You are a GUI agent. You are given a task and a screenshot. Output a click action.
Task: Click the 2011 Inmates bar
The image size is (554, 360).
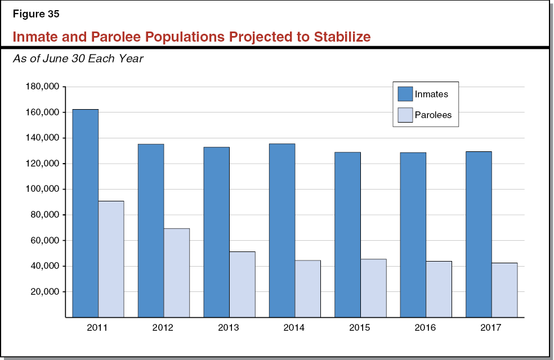pos(85,213)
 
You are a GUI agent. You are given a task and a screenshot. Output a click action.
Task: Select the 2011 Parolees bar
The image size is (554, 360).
pos(111,259)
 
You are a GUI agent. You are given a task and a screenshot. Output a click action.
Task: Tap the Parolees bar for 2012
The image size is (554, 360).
pos(176,273)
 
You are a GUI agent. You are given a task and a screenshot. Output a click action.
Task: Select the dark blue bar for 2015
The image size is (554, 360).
pos(347,235)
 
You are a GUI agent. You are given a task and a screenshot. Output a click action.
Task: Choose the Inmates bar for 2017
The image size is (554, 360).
pos(479,234)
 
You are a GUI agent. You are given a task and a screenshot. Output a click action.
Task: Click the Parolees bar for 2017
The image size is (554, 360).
pos(504,290)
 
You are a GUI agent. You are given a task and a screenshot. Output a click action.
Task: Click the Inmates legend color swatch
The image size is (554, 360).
pos(404,94)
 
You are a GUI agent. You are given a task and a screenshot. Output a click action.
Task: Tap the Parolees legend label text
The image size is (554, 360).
pos(433,115)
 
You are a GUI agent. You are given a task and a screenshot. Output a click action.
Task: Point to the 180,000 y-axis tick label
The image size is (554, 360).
pos(42,87)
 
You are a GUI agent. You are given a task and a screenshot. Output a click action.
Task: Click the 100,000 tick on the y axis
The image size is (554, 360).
pos(42,189)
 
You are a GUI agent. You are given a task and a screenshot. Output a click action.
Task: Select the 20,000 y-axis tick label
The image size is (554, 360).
pos(44,291)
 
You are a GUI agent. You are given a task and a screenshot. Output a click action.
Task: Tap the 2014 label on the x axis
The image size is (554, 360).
pos(294,327)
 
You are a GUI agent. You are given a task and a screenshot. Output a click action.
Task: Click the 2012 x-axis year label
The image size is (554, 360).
pos(163,327)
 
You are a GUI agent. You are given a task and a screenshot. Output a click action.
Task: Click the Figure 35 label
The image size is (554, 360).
pos(35,15)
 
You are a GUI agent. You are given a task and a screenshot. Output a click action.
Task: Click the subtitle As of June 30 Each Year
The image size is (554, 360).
pos(78,58)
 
